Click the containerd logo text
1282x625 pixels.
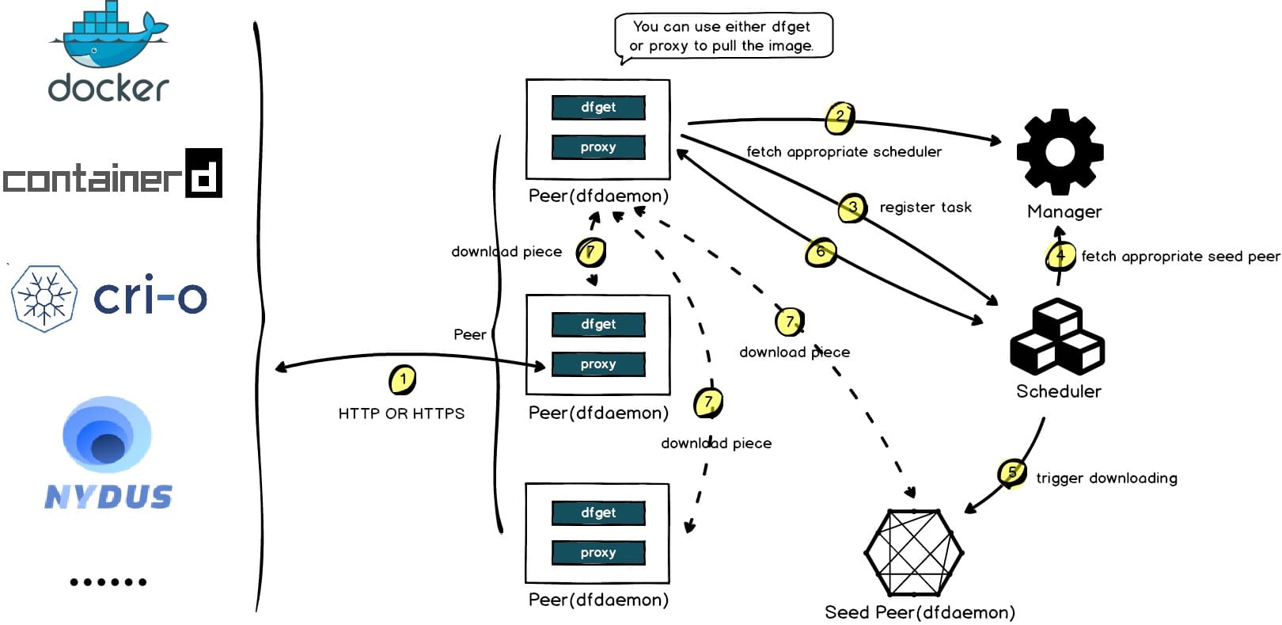[x=111, y=174]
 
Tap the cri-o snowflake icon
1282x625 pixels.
[x=44, y=298]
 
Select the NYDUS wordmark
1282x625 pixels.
[x=108, y=497]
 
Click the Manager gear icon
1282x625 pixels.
[x=1060, y=152]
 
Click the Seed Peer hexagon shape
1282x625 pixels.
[x=913, y=553]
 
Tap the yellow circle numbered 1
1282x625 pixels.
[x=403, y=379]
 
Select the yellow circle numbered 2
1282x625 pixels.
[x=840, y=117]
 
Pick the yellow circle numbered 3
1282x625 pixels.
[x=852, y=208]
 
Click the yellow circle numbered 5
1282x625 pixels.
[x=1012, y=474]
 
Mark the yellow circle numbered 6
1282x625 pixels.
[x=821, y=253]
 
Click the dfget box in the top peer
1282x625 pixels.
[x=598, y=108]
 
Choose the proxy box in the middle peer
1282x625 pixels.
[x=598, y=364]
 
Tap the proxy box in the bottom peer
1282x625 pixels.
[x=598, y=553]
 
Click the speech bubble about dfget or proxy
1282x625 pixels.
[x=723, y=36]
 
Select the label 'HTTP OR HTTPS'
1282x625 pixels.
[x=401, y=413]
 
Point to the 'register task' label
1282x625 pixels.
[x=925, y=208]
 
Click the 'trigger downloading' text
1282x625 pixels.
[x=1106, y=478]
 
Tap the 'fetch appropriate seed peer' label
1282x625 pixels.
[x=1180, y=257]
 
